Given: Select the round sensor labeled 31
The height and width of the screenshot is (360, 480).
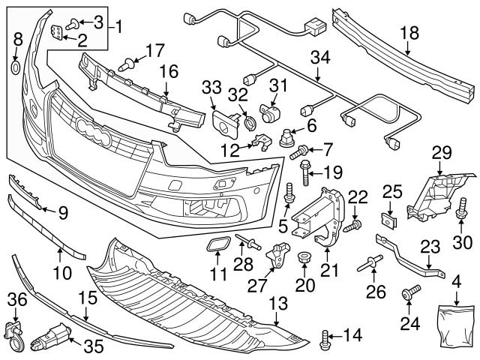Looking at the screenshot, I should coord(268,112).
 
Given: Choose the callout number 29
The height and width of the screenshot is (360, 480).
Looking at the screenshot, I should coord(439,154).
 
